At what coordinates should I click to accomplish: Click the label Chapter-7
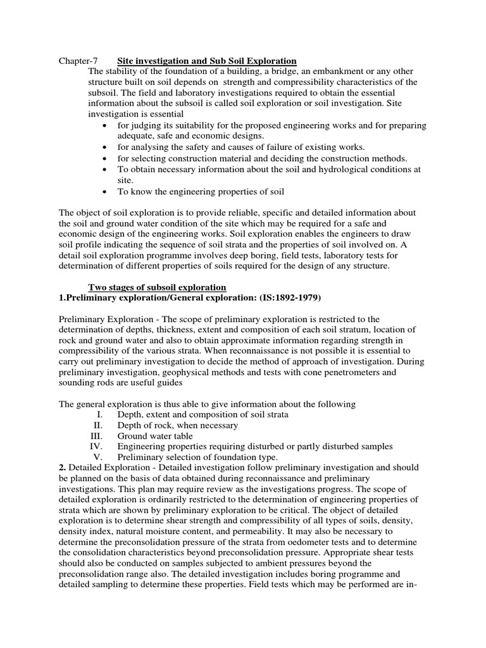78,61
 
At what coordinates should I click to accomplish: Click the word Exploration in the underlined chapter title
270,61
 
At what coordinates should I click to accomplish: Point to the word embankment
348,72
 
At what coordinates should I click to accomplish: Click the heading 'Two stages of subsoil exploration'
157,287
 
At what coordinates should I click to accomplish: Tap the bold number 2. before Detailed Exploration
62,468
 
